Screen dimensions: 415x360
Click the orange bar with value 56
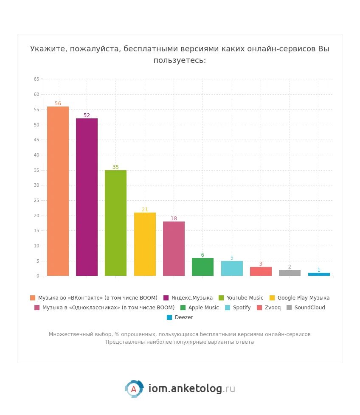pyautogui.click(x=58, y=191)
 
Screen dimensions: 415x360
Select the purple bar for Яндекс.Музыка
pyautogui.click(x=87, y=197)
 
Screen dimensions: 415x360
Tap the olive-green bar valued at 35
pyautogui.click(x=115, y=223)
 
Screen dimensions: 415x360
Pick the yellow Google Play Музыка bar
pyautogui.click(x=145, y=244)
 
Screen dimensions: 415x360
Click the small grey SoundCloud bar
pyautogui.click(x=290, y=273)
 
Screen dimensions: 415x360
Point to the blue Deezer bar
pyautogui.click(x=319, y=274)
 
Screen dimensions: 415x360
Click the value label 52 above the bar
pyautogui.click(x=87, y=115)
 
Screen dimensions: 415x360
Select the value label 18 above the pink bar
pyautogui.click(x=174, y=219)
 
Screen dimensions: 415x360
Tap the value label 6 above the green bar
pyautogui.click(x=202, y=255)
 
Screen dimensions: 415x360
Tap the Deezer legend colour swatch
pyautogui.click(x=169, y=317)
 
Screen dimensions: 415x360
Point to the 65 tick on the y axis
pyautogui.click(x=37, y=79)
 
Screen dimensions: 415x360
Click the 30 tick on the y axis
pyautogui.click(x=37, y=185)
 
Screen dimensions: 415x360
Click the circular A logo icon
pyautogui.click(x=134, y=389)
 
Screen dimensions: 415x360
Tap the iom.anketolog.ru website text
pyautogui.click(x=191, y=389)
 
